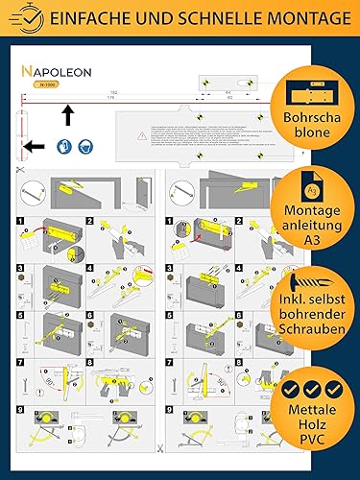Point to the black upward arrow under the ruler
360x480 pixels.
(67, 116)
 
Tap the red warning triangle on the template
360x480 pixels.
(143, 137)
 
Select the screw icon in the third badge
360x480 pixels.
(298, 283)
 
